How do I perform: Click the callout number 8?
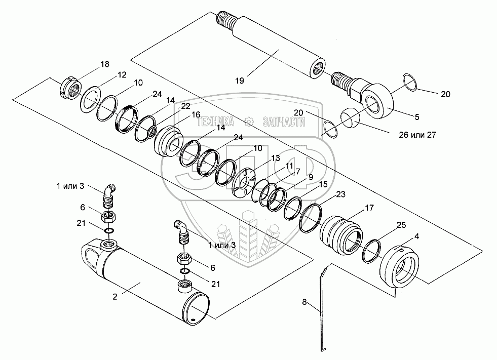pos(304,302)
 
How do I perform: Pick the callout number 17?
pos(369,207)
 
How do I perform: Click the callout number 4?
pos(416,236)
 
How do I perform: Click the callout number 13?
pos(276,158)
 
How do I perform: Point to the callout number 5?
pos(417,117)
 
